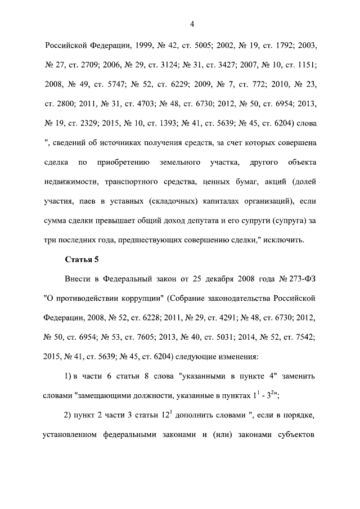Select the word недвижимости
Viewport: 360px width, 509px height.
click(x=71, y=183)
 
